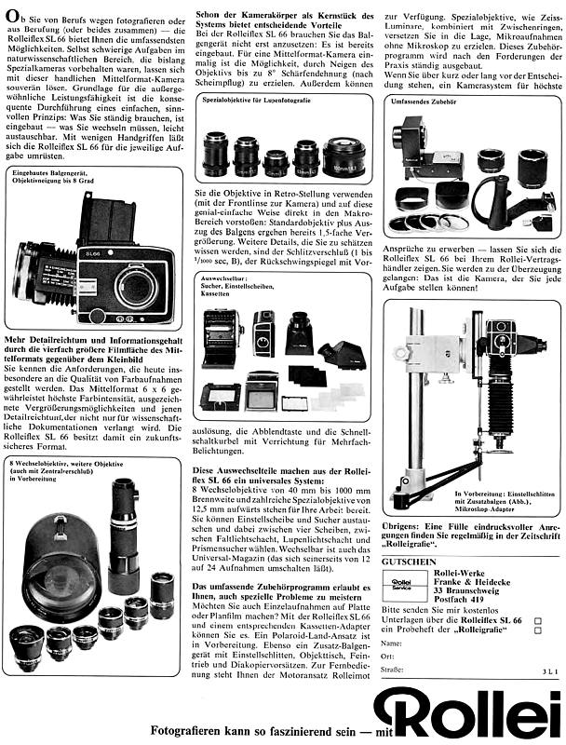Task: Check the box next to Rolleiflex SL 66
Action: point(538,618)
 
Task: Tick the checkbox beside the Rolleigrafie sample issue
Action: point(538,630)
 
